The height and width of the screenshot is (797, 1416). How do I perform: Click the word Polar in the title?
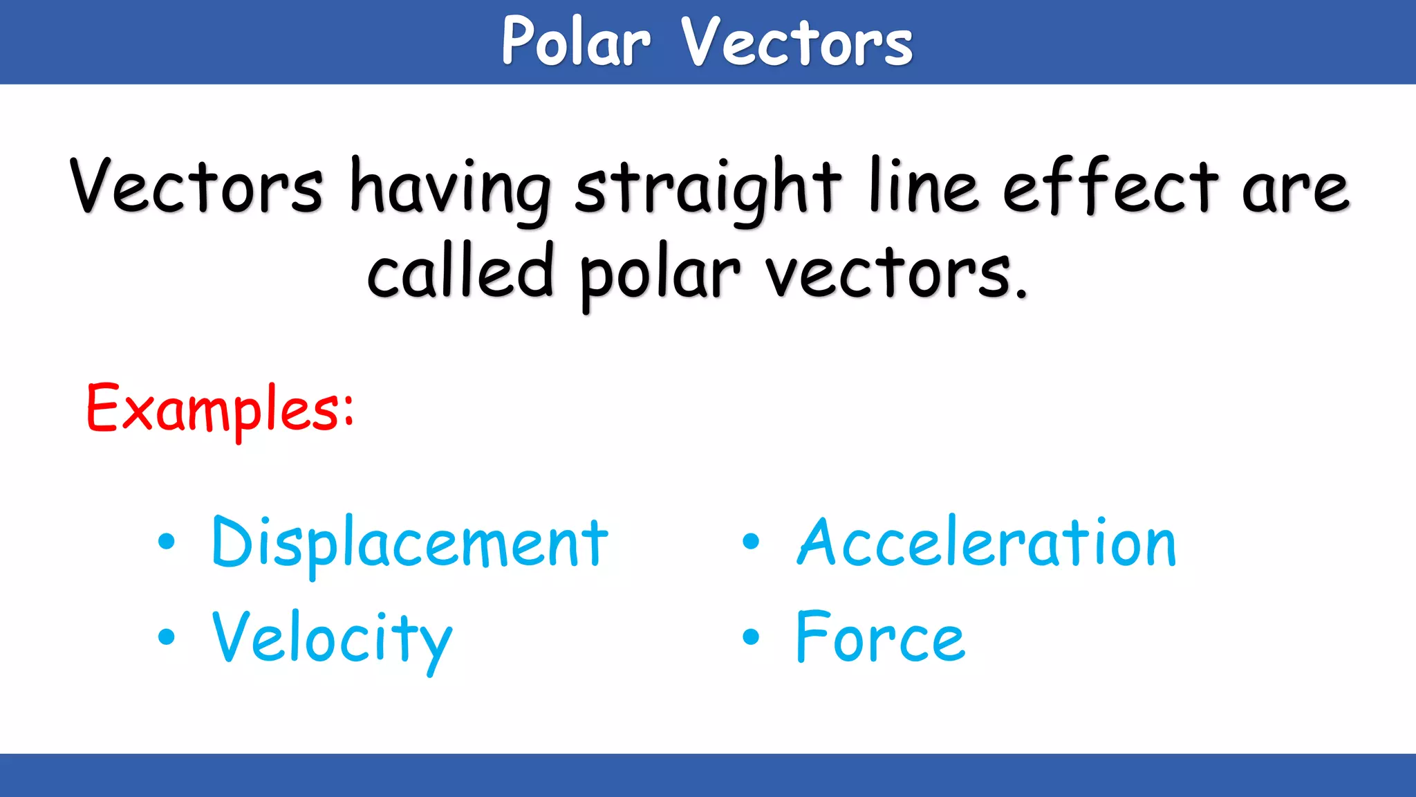coord(576,43)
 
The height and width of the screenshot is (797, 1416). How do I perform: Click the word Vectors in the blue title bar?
coord(796,43)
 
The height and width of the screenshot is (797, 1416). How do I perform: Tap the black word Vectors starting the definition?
coord(196,187)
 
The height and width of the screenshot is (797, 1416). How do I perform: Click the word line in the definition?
coord(924,187)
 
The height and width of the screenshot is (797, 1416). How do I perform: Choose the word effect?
coord(1110,187)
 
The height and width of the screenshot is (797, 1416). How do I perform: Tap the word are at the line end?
coord(1295,190)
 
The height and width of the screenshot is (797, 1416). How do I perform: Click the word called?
coord(460,273)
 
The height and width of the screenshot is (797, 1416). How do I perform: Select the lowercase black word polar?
coord(660,275)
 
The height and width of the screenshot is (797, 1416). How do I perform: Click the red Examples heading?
coord(220,410)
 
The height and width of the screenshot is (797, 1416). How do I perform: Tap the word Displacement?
coord(409,544)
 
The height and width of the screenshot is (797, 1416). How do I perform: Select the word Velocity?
coord(332,639)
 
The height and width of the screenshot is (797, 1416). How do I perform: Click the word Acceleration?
coord(986,544)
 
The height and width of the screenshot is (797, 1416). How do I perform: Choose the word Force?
coord(879,638)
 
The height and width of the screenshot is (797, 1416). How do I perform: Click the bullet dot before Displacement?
coord(166,542)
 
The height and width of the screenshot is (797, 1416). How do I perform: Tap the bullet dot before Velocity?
coord(166,636)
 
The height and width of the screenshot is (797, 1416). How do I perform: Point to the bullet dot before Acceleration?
coord(751,542)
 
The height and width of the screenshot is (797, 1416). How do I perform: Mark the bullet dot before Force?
coord(751,636)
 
